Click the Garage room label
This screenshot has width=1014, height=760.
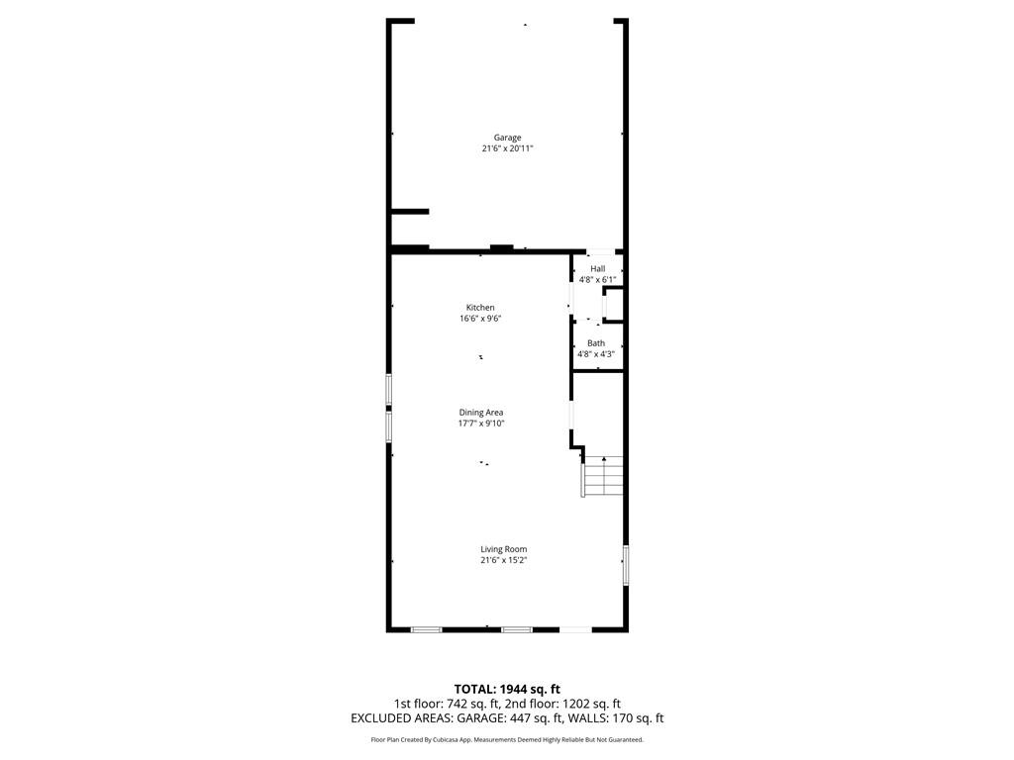(x=507, y=138)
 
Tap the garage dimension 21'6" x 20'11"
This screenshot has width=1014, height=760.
(x=507, y=148)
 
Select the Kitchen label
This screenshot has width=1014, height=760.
(x=480, y=308)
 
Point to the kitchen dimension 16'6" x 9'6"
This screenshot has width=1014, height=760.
(x=480, y=319)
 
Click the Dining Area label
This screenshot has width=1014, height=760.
(x=481, y=413)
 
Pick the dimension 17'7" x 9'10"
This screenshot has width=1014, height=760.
(x=481, y=424)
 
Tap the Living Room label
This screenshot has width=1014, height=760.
(x=503, y=549)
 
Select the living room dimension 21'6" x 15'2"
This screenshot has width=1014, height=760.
(x=503, y=560)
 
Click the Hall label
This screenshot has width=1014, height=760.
(x=598, y=269)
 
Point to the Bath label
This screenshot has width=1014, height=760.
(x=596, y=343)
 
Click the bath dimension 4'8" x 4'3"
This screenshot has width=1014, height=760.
(x=596, y=354)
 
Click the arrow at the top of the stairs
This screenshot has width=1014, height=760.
(x=603, y=459)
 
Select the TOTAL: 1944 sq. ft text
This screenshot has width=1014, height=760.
(x=507, y=689)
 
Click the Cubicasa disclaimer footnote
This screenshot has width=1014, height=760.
(x=507, y=739)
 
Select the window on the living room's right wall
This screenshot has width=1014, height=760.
(x=625, y=564)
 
